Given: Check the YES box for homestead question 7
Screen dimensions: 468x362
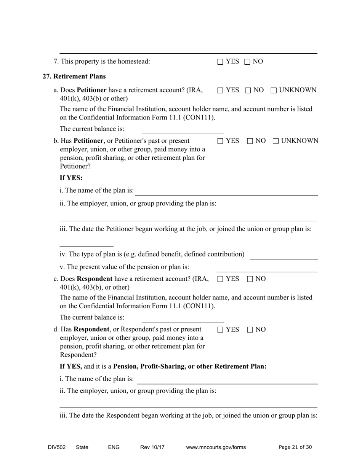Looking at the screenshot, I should (220, 62).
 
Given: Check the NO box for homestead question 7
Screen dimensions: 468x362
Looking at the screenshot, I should (247, 62).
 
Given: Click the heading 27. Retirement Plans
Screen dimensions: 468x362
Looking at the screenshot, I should (74, 76).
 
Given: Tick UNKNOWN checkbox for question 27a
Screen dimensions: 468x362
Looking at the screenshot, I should (274, 91).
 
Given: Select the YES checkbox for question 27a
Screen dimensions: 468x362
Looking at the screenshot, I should (220, 91).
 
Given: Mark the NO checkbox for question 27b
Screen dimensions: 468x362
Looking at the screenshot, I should (250, 141).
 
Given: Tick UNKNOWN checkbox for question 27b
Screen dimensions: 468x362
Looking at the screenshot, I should (276, 141).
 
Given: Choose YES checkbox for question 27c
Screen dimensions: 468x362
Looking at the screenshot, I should (220, 279).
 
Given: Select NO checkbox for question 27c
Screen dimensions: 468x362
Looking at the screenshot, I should (250, 279).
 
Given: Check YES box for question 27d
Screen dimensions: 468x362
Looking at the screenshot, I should (220, 330).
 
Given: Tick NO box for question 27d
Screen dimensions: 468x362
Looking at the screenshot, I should (250, 330).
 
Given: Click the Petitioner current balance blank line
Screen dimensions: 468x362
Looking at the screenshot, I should (183, 130).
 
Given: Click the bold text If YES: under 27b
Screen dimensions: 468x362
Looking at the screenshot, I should (71, 178).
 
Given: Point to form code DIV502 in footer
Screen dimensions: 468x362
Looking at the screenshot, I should (57, 447).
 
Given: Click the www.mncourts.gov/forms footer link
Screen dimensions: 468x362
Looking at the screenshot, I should (216, 447).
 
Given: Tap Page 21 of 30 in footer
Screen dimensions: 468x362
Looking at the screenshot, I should (295, 447).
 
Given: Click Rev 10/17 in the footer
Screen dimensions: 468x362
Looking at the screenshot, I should (152, 447).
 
